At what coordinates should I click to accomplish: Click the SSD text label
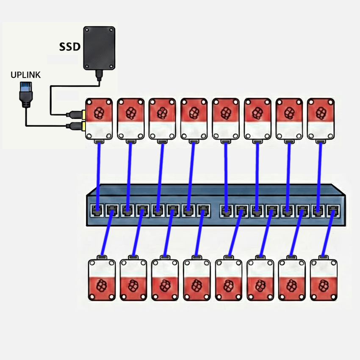coord(69,47)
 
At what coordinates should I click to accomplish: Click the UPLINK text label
coord(25,75)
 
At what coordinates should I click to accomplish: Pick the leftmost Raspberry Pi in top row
coord(99,119)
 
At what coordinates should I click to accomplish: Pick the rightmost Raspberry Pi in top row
coord(321,119)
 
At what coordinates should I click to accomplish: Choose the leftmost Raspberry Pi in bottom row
coord(102,280)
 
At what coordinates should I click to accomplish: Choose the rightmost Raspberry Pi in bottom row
coord(324,280)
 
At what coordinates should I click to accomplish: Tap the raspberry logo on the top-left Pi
coord(99,113)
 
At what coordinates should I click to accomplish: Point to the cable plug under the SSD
coord(99,76)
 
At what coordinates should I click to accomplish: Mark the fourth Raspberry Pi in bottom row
coord(197,280)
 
